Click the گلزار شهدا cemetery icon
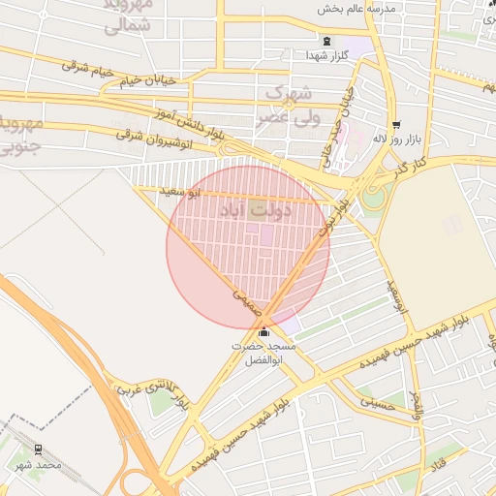coord(325,42)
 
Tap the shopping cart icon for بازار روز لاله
coord(395,124)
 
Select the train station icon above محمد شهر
coord(39,449)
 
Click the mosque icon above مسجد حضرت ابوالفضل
coord(263,332)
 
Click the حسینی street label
coord(377,402)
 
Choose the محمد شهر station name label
coord(38,465)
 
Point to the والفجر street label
coord(418,404)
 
